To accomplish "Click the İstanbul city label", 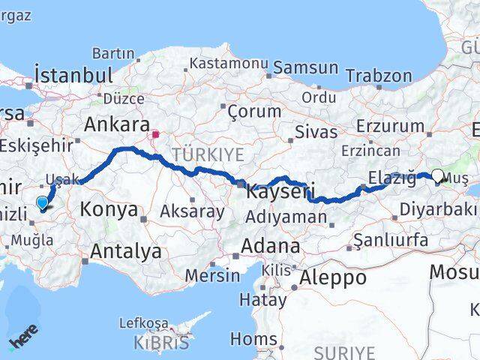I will (x=73, y=75).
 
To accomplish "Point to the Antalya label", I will (x=124, y=251).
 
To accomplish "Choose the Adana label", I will (x=271, y=246).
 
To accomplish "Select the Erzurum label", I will (x=385, y=125).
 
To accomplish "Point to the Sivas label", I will (x=316, y=132).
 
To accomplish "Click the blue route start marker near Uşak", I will (x=42, y=201).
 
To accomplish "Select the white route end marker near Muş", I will (x=438, y=175).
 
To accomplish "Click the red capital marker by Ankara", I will (x=155, y=136).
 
